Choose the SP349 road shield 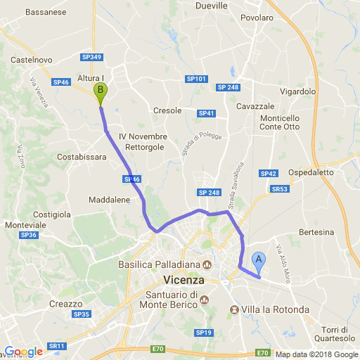pos(92,57)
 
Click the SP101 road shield pos(197,79)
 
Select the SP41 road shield pos(206,113)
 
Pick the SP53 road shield pos(280,189)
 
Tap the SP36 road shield pos(28,235)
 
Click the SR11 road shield pos(56,346)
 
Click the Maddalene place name pos(110,200)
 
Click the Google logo pos(23,352)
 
